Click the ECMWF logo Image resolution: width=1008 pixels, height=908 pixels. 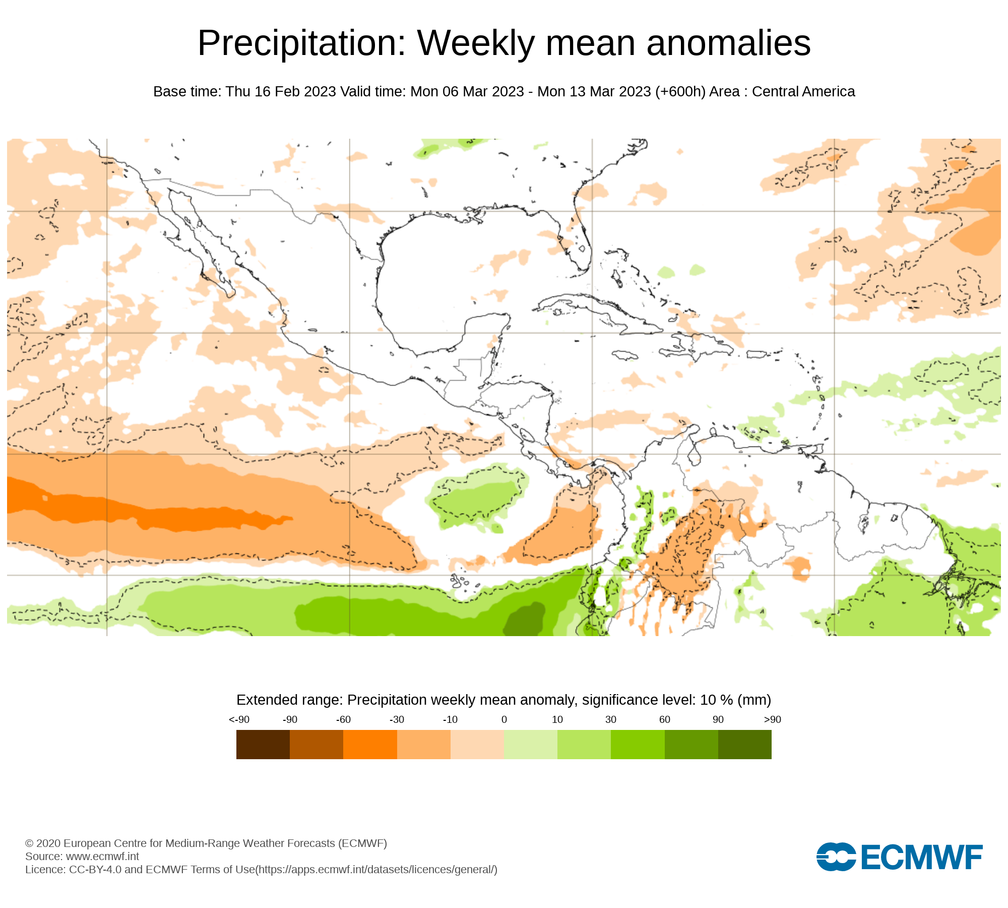click(x=899, y=857)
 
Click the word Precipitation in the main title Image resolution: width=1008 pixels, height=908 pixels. click(x=301, y=43)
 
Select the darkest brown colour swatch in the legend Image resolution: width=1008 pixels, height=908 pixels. click(x=263, y=745)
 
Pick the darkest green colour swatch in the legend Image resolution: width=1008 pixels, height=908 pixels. click(x=744, y=745)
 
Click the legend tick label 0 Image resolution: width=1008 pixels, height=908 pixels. click(x=504, y=720)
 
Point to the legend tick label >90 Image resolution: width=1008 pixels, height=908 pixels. click(x=772, y=720)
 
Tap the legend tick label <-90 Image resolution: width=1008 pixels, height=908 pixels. click(x=239, y=720)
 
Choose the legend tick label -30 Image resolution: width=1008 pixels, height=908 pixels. click(x=397, y=720)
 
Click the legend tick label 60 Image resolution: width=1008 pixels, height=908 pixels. click(x=665, y=720)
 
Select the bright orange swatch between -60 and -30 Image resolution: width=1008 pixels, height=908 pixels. click(x=370, y=745)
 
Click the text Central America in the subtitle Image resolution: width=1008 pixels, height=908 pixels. click(x=803, y=92)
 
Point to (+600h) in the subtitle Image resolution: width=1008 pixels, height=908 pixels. click(x=680, y=92)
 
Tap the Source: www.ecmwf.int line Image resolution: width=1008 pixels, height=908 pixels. click(x=82, y=856)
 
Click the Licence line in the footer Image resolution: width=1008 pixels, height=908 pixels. click(x=261, y=869)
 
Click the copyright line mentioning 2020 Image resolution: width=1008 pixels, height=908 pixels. click(x=206, y=843)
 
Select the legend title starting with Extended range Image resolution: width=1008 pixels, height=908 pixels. click(x=503, y=700)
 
